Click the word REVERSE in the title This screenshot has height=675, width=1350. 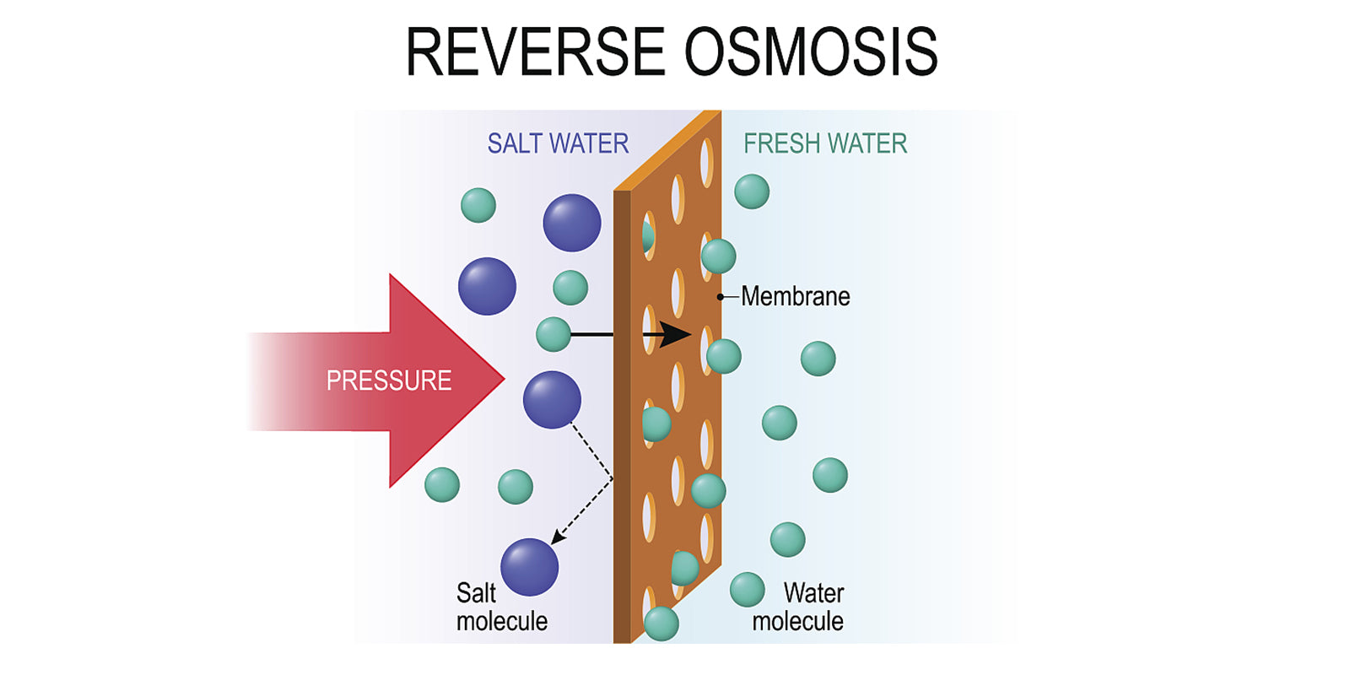tap(535, 52)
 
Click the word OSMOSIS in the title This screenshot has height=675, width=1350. tap(811, 52)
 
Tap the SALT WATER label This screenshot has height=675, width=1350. tap(558, 143)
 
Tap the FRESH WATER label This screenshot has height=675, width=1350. tap(825, 143)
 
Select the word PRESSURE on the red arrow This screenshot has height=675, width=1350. tap(389, 381)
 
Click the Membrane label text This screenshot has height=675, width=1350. tap(796, 296)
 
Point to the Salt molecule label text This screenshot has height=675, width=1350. tap(501, 607)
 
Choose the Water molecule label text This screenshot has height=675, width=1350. tap(799, 607)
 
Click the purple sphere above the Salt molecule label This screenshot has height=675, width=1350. tap(529, 567)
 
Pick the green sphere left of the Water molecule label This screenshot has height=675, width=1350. tap(747, 590)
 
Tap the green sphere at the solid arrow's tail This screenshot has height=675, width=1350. tap(553, 334)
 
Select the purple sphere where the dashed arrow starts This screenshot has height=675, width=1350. tap(552, 400)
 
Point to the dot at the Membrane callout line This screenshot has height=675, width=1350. tap(721, 297)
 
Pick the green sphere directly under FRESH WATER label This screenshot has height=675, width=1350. tap(752, 192)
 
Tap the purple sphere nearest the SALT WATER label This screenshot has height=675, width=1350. tap(572, 223)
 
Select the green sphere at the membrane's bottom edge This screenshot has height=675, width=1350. tap(661, 624)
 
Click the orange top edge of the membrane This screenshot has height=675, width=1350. tap(667, 150)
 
